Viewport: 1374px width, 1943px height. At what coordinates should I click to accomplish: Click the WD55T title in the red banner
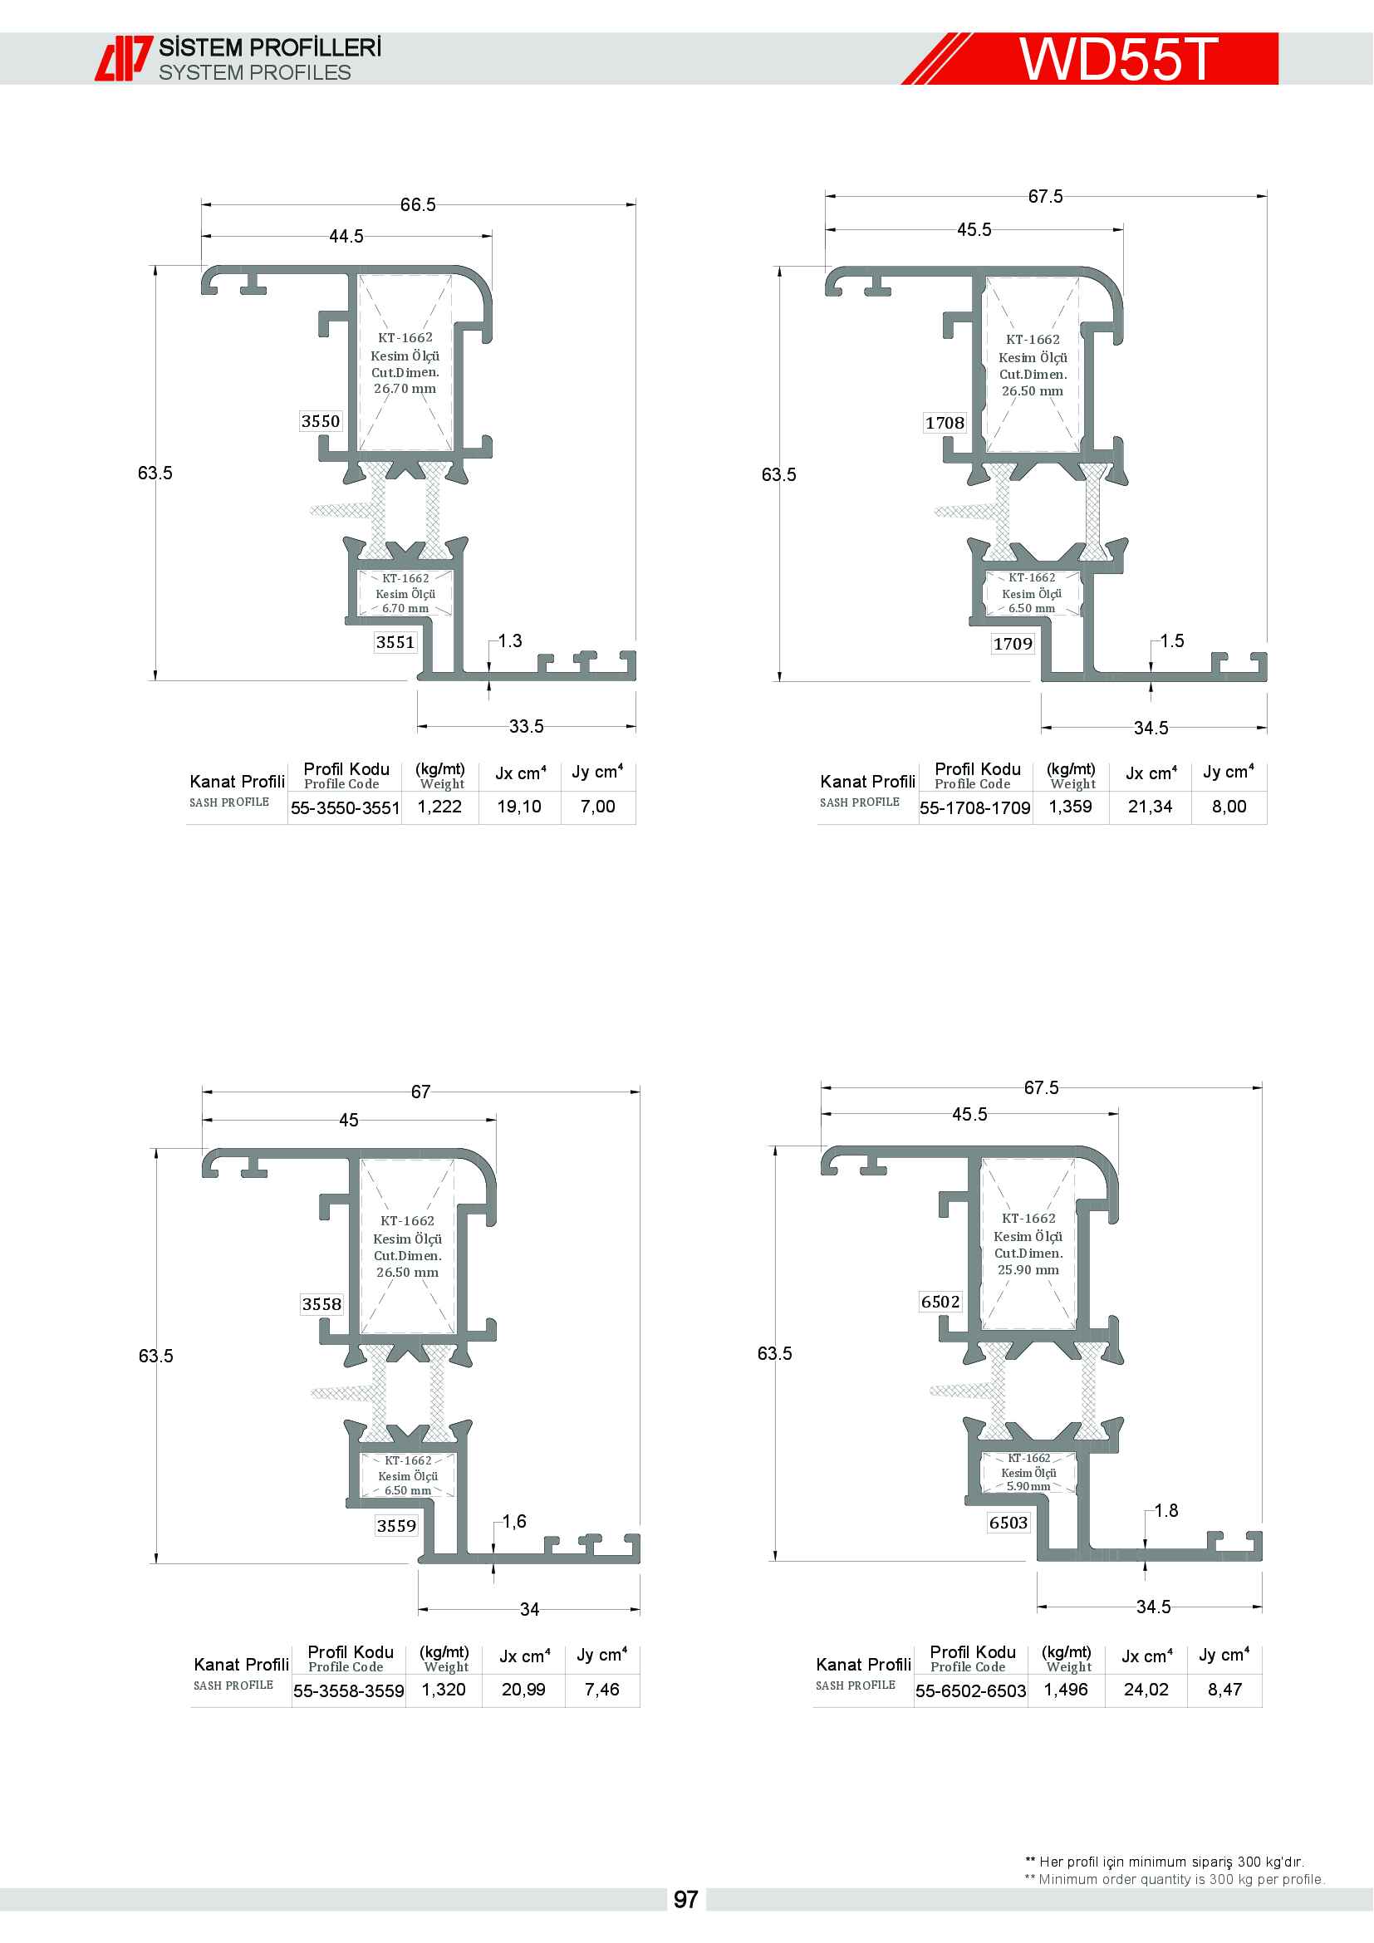pyautogui.click(x=1118, y=58)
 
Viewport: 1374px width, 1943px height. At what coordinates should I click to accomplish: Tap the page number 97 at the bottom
pyautogui.click(x=685, y=1900)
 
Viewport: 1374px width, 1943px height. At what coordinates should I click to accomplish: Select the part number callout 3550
pyautogui.click(x=321, y=421)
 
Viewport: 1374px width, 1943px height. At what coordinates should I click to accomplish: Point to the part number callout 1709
pyautogui.click(x=1013, y=643)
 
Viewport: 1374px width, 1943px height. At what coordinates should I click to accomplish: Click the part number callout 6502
pyautogui.click(x=941, y=1302)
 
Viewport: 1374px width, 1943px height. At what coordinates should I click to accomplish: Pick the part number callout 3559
pyautogui.click(x=397, y=1526)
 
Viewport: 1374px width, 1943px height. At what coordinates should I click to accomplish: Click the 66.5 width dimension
pyautogui.click(x=418, y=205)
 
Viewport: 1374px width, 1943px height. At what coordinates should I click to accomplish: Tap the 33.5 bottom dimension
pyautogui.click(x=526, y=726)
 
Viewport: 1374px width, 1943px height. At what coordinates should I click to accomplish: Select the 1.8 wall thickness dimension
pyautogui.click(x=1165, y=1510)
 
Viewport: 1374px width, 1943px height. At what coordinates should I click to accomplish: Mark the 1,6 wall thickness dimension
pyautogui.click(x=514, y=1522)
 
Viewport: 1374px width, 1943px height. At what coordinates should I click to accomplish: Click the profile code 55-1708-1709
pyautogui.click(x=974, y=808)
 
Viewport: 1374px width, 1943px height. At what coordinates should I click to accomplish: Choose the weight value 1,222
pyautogui.click(x=440, y=807)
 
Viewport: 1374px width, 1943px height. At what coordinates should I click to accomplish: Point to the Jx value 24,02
pyautogui.click(x=1146, y=1690)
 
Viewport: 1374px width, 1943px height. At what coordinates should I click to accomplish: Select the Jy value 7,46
pyautogui.click(x=601, y=1690)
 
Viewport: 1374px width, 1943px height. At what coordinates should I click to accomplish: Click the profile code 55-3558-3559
pyautogui.click(x=349, y=1691)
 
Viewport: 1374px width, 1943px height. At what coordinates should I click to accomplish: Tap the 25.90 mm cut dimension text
pyautogui.click(x=1028, y=1269)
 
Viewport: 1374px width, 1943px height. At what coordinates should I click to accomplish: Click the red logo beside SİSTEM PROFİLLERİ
pyautogui.click(x=124, y=58)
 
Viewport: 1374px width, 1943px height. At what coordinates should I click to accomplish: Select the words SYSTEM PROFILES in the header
pyautogui.click(x=255, y=73)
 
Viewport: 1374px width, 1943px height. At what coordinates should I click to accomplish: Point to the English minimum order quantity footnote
pyautogui.click(x=1175, y=1880)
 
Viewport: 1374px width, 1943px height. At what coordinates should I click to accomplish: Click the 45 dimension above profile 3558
pyautogui.click(x=349, y=1121)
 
